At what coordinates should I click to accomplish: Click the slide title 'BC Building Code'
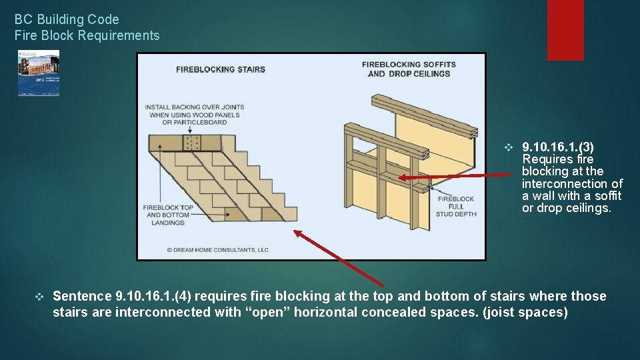tap(67, 19)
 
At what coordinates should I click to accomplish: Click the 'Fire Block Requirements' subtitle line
tap(87, 35)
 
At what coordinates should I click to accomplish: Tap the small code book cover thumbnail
tap(39, 73)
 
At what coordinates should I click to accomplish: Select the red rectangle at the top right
tap(565, 30)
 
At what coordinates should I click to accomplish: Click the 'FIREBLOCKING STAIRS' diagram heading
tap(221, 69)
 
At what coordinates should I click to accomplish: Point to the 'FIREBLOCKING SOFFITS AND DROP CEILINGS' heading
tap(409, 69)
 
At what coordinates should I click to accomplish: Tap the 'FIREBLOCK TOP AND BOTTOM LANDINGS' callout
tap(168, 215)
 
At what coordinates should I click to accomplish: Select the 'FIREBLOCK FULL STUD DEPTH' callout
tap(455, 205)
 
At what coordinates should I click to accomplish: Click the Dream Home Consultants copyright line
tap(218, 250)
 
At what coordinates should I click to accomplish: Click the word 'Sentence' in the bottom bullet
tap(82, 296)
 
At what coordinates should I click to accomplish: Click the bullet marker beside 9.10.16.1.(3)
tap(509, 147)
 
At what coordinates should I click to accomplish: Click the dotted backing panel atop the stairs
tap(193, 143)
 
